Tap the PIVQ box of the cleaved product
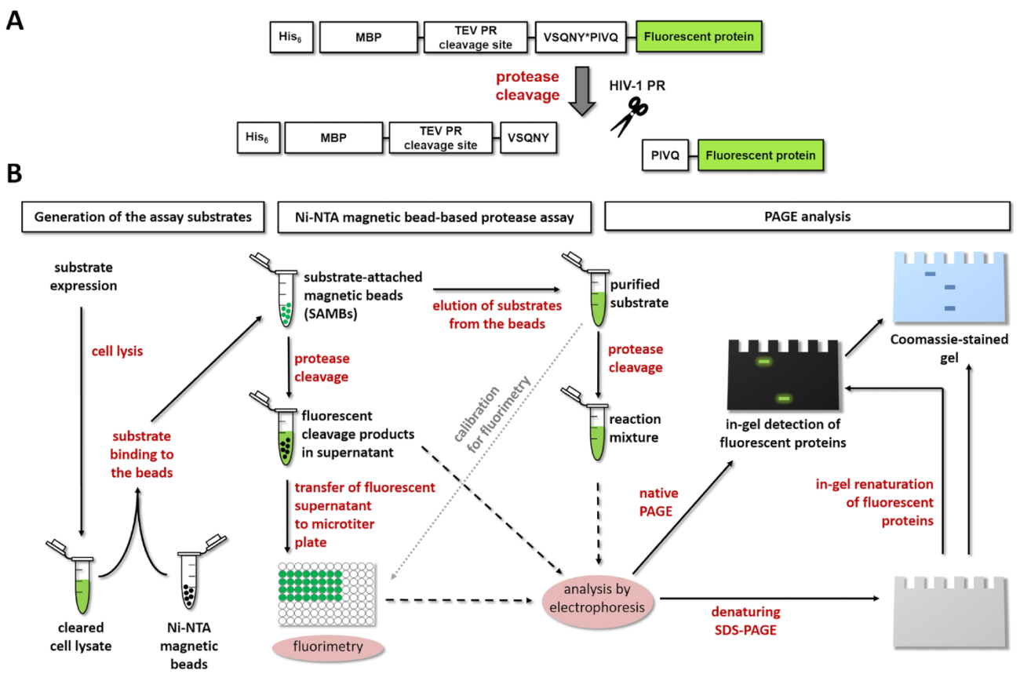coord(664,155)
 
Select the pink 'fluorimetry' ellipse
coord(327,648)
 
